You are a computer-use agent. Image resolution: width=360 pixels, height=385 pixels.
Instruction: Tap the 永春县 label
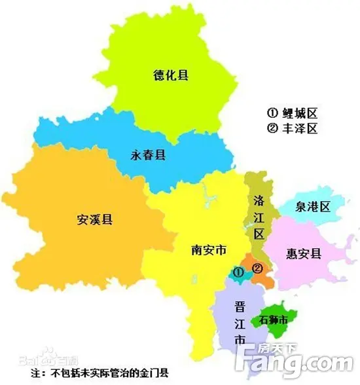click(148, 155)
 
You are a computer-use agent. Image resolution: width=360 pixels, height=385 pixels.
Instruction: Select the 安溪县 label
click(94, 219)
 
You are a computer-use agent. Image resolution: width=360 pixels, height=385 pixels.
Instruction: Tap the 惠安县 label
click(303, 253)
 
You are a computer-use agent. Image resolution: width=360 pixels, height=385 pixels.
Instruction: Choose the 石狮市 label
click(274, 320)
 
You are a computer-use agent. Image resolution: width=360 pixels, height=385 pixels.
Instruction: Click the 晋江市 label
click(241, 323)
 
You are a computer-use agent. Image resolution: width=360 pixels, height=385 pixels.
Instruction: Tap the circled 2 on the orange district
click(257, 268)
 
